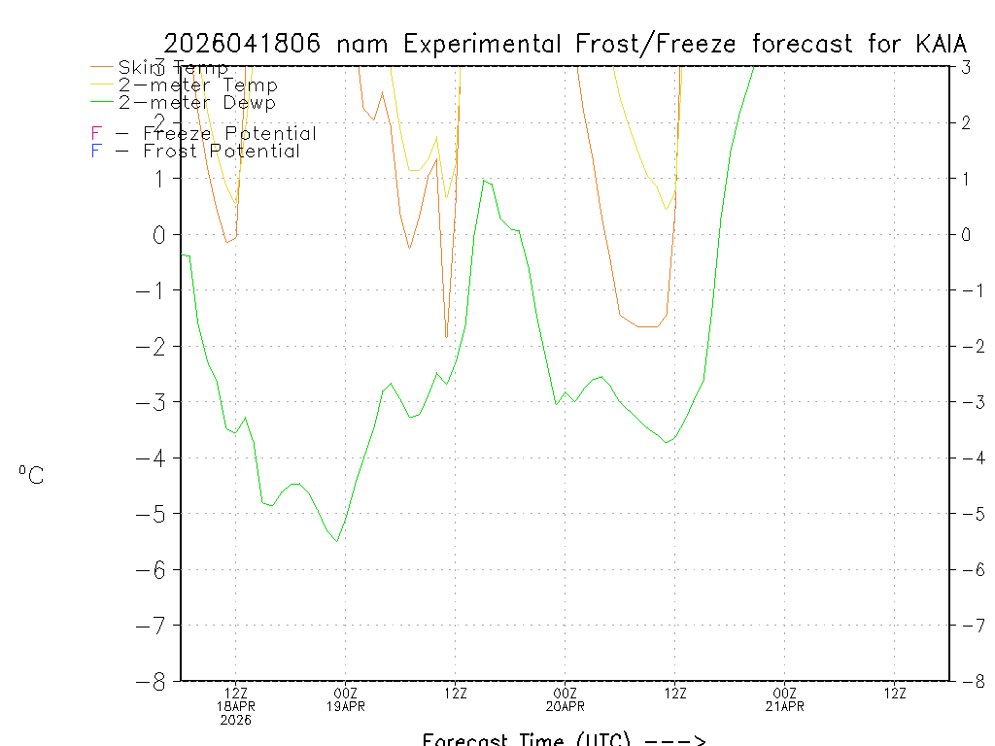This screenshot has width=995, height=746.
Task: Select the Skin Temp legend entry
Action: (x=173, y=67)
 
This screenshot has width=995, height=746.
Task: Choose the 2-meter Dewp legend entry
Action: (x=197, y=102)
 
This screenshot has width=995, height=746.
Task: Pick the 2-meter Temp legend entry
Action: (x=198, y=85)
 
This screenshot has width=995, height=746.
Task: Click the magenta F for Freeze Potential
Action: (x=96, y=133)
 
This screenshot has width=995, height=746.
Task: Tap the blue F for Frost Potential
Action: (x=96, y=151)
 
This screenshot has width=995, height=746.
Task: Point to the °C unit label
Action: (x=31, y=475)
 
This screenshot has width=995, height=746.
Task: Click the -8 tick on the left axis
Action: (x=155, y=681)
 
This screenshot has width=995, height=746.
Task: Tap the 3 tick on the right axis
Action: (x=966, y=67)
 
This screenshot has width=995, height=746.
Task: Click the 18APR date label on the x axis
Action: (x=236, y=706)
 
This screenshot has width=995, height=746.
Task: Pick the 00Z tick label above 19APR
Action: (x=345, y=693)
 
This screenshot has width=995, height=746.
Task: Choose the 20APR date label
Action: (x=565, y=706)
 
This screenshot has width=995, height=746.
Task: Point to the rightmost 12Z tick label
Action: (x=895, y=693)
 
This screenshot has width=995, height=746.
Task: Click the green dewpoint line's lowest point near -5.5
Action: (x=337, y=541)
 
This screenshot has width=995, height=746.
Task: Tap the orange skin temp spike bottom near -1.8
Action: (x=446, y=337)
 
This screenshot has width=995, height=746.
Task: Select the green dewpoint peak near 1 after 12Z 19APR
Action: (x=483, y=180)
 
